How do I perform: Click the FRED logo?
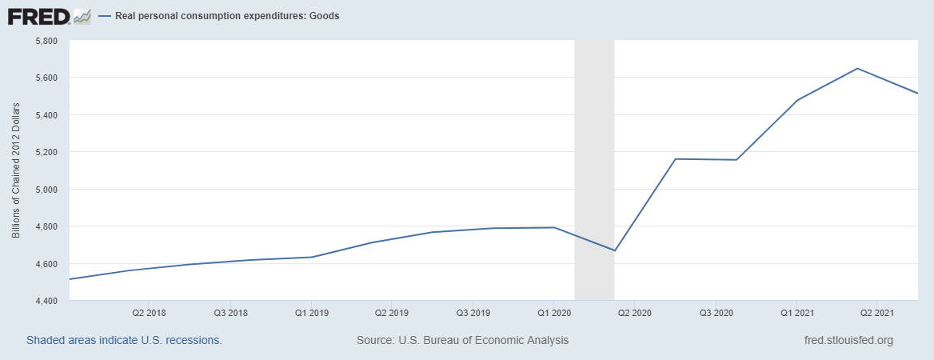pos(38,16)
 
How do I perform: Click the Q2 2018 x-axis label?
pos(150,312)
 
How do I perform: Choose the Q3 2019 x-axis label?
pos(473,312)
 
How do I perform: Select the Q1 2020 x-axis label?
pos(554,312)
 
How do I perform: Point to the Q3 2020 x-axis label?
pos(716,312)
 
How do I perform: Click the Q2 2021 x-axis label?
pos(877,312)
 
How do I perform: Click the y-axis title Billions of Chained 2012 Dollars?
pos(16,170)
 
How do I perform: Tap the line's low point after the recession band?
pos(614,250)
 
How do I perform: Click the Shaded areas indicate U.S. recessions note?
pos(124,340)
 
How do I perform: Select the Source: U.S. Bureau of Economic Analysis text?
pos(462,340)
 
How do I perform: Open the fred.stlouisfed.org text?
pos(848,340)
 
